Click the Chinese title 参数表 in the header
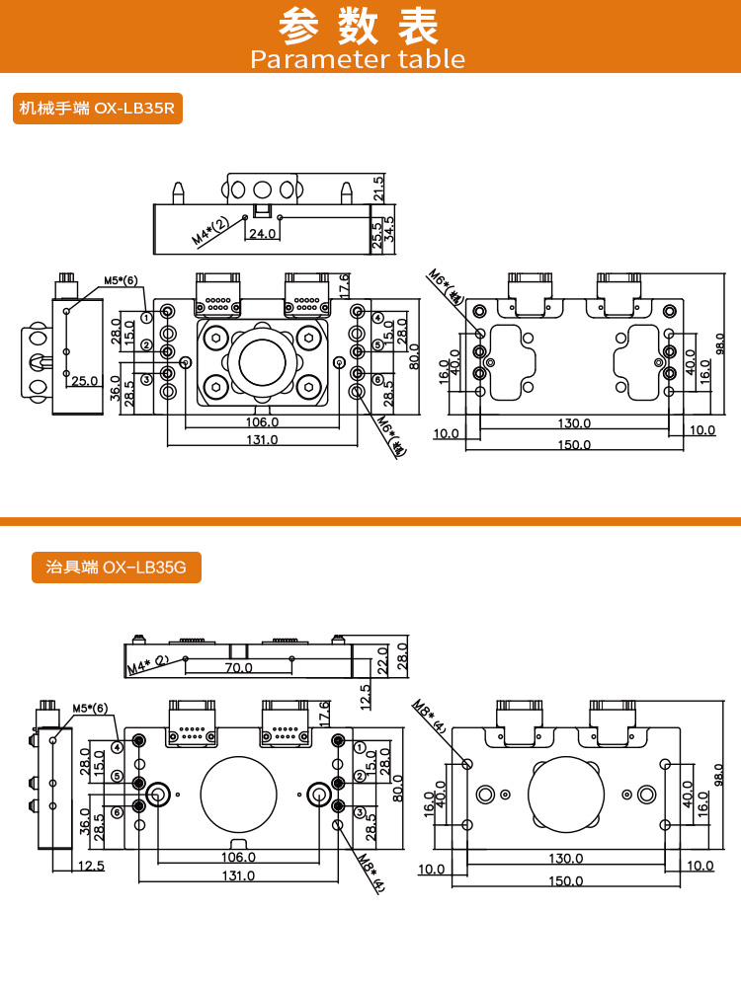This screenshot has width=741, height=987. click(359, 27)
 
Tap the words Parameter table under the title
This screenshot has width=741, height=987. click(358, 59)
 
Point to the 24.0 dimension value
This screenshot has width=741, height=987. click(262, 234)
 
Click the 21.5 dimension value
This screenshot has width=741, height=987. click(378, 188)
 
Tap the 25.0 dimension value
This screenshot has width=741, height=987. click(84, 380)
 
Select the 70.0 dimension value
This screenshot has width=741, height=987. click(237, 668)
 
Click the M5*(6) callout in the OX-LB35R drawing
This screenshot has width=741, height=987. click(121, 280)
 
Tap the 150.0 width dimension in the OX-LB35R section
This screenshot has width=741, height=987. click(573, 445)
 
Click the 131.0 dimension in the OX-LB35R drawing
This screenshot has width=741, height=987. click(262, 440)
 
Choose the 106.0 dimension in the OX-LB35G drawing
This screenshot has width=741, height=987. click(237, 857)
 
